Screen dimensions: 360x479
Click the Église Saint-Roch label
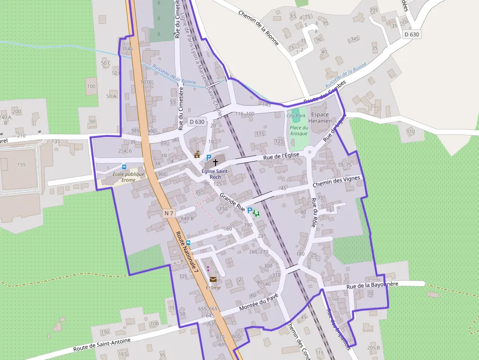click(x=216, y=174)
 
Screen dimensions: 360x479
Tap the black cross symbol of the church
click(x=215, y=162)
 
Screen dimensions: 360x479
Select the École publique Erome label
click(x=129, y=177)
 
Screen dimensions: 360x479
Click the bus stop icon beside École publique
click(x=124, y=167)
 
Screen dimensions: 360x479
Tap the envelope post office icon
click(x=213, y=279)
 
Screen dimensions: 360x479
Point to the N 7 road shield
click(x=169, y=213)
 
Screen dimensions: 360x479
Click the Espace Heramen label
click(x=321, y=118)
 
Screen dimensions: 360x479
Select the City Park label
click(x=296, y=116)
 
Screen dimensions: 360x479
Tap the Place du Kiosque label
click(x=299, y=130)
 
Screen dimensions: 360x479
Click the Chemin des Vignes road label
click(x=336, y=182)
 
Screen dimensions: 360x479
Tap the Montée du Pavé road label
click(x=259, y=303)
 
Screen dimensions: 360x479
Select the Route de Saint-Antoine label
click(x=98, y=342)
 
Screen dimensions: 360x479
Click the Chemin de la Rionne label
click(x=259, y=28)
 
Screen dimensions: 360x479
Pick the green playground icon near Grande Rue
click(x=256, y=212)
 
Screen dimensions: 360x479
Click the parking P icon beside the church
click(x=209, y=158)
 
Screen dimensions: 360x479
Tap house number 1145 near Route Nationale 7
click(x=128, y=49)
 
